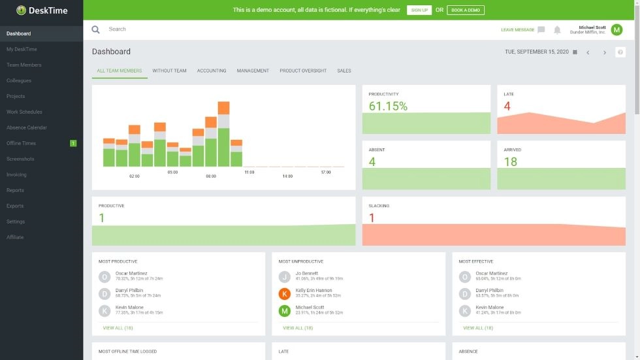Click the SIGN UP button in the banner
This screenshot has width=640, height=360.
pos(419,10)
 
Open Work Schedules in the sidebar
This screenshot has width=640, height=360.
pos(24,112)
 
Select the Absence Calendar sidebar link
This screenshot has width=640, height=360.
pos(27,127)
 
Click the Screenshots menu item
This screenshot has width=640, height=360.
pos(20,159)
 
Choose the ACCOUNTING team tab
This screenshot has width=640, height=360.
pos(212,71)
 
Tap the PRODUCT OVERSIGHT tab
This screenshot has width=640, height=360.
pos(303,71)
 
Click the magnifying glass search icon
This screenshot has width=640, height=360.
pos(96,29)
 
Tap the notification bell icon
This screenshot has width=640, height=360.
pos(557,30)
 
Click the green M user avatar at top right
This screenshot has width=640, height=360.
pos(616,29)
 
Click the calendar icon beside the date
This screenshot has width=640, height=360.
pos(575,52)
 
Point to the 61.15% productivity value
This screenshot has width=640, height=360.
pos(388,106)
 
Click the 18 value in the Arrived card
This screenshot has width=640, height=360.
pos(510,161)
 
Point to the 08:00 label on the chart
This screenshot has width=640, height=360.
pos(211,176)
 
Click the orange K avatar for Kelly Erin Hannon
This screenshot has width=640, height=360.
pos(285,293)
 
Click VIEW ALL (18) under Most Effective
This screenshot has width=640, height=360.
pos(478,328)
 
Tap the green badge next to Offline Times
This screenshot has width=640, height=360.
pos(73,143)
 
